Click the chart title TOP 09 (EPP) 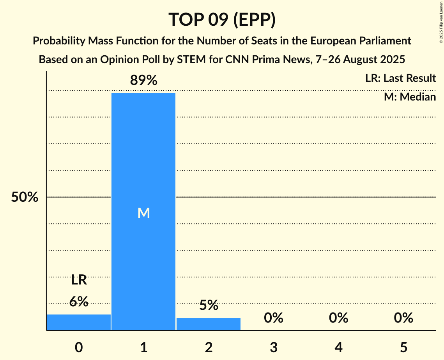click(x=222, y=19)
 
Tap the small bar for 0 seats click(x=79, y=322)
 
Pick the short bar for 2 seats click(x=209, y=324)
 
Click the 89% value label click(x=143, y=81)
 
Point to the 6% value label click(x=79, y=302)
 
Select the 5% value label click(x=209, y=305)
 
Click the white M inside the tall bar click(x=143, y=213)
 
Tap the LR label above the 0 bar click(x=79, y=280)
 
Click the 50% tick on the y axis click(x=24, y=198)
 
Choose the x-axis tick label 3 click(x=273, y=347)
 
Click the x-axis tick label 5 click(x=403, y=347)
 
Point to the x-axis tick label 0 click(x=79, y=347)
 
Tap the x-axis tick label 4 click(x=338, y=347)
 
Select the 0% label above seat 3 click(x=273, y=318)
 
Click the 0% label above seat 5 click(x=403, y=318)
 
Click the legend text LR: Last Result click(x=400, y=78)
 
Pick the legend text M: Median click(x=410, y=97)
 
